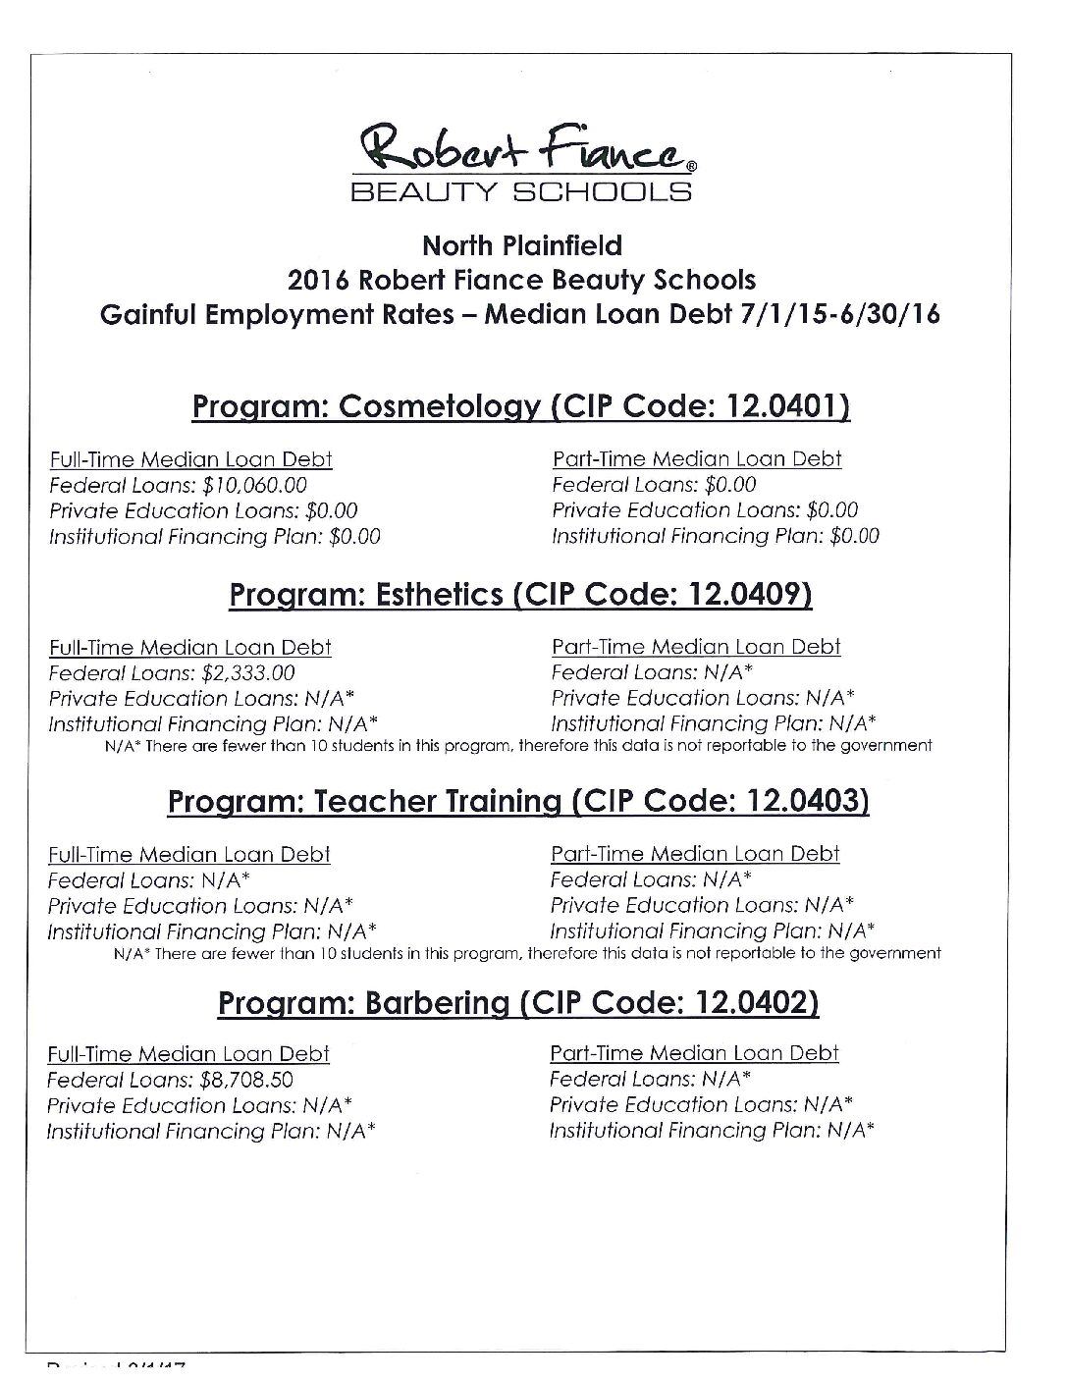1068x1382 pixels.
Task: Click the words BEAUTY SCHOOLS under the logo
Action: click(x=521, y=190)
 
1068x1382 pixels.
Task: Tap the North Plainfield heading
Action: click(x=521, y=244)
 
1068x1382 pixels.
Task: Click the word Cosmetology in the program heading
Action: click(x=440, y=407)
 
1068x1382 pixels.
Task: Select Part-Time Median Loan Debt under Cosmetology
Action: click(x=697, y=458)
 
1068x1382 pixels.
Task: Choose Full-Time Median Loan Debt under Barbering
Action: click(x=188, y=1054)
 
